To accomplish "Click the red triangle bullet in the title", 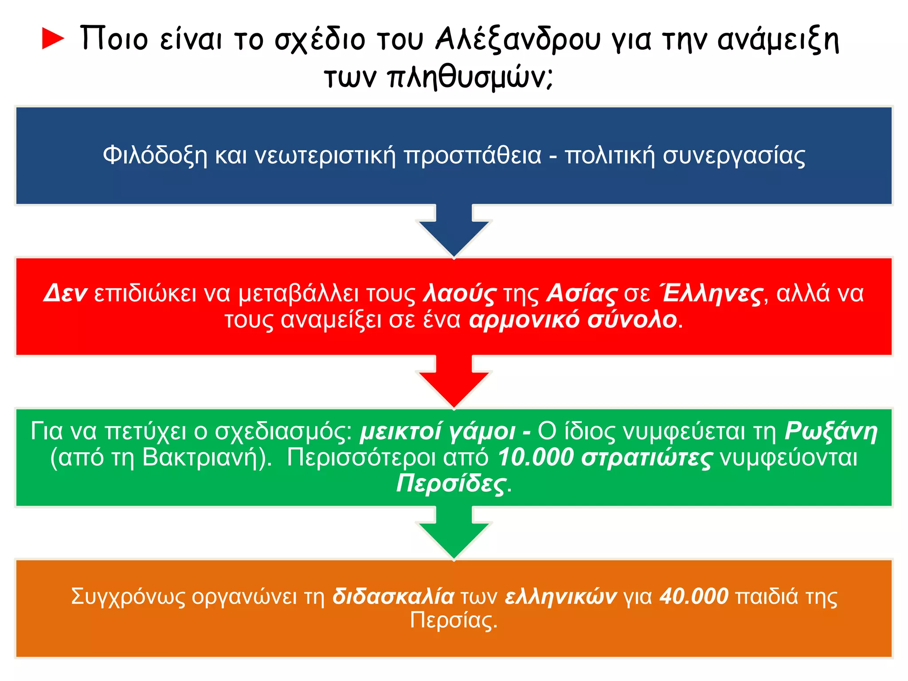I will (53, 39).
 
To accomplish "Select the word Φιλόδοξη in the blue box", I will (155, 156).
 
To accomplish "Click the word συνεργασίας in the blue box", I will (734, 156).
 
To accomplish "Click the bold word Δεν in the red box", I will (65, 294).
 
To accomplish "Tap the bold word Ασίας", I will (581, 294).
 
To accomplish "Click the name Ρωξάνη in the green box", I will (831, 431).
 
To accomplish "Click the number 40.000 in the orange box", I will (694, 596).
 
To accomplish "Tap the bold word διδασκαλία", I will (393, 596).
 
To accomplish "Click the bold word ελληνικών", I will (561, 596).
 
